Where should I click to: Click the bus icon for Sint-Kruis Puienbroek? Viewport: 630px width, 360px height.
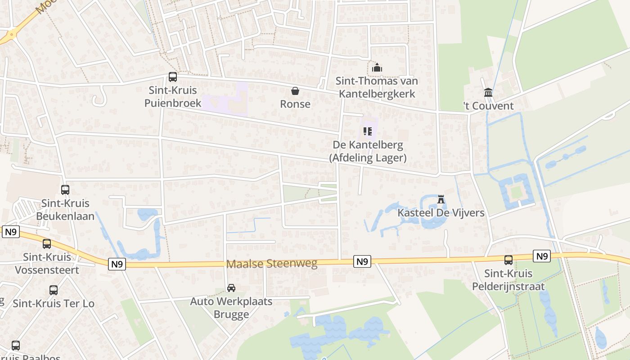(173, 77)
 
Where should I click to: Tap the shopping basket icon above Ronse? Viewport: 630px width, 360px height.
(295, 91)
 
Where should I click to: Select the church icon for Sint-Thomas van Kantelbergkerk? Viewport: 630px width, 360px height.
(377, 68)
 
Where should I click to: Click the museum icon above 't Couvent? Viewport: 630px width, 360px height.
(488, 93)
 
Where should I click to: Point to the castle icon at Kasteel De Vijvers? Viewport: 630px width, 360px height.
(441, 199)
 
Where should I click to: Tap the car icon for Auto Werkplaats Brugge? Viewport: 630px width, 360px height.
(231, 288)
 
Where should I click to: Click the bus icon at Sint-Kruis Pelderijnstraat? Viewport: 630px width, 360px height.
(508, 260)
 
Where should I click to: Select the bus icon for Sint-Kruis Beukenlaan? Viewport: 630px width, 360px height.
(65, 190)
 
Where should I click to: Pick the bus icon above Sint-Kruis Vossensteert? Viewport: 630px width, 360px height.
(47, 244)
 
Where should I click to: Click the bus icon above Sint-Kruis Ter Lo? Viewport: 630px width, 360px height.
(54, 290)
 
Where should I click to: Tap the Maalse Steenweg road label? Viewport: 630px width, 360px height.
(272, 264)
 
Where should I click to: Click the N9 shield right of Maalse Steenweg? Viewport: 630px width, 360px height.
(362, 261)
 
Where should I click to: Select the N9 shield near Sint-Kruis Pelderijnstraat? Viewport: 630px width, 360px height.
(542, 256)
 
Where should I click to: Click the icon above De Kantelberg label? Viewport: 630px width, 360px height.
(368, 131)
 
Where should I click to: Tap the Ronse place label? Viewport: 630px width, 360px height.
(295, 104)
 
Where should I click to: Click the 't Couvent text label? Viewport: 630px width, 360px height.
(489, 106)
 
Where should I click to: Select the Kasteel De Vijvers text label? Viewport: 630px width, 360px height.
(441, 212)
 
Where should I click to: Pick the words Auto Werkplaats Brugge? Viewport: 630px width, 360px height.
(231, 308)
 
